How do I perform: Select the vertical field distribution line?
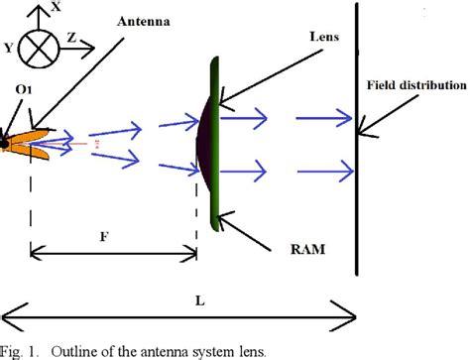click(x=357, y=149)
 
